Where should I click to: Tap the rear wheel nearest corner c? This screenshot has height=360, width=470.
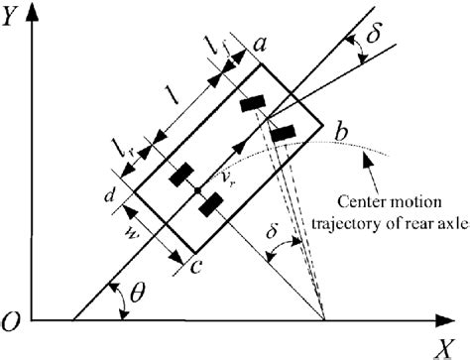point(210,205)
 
